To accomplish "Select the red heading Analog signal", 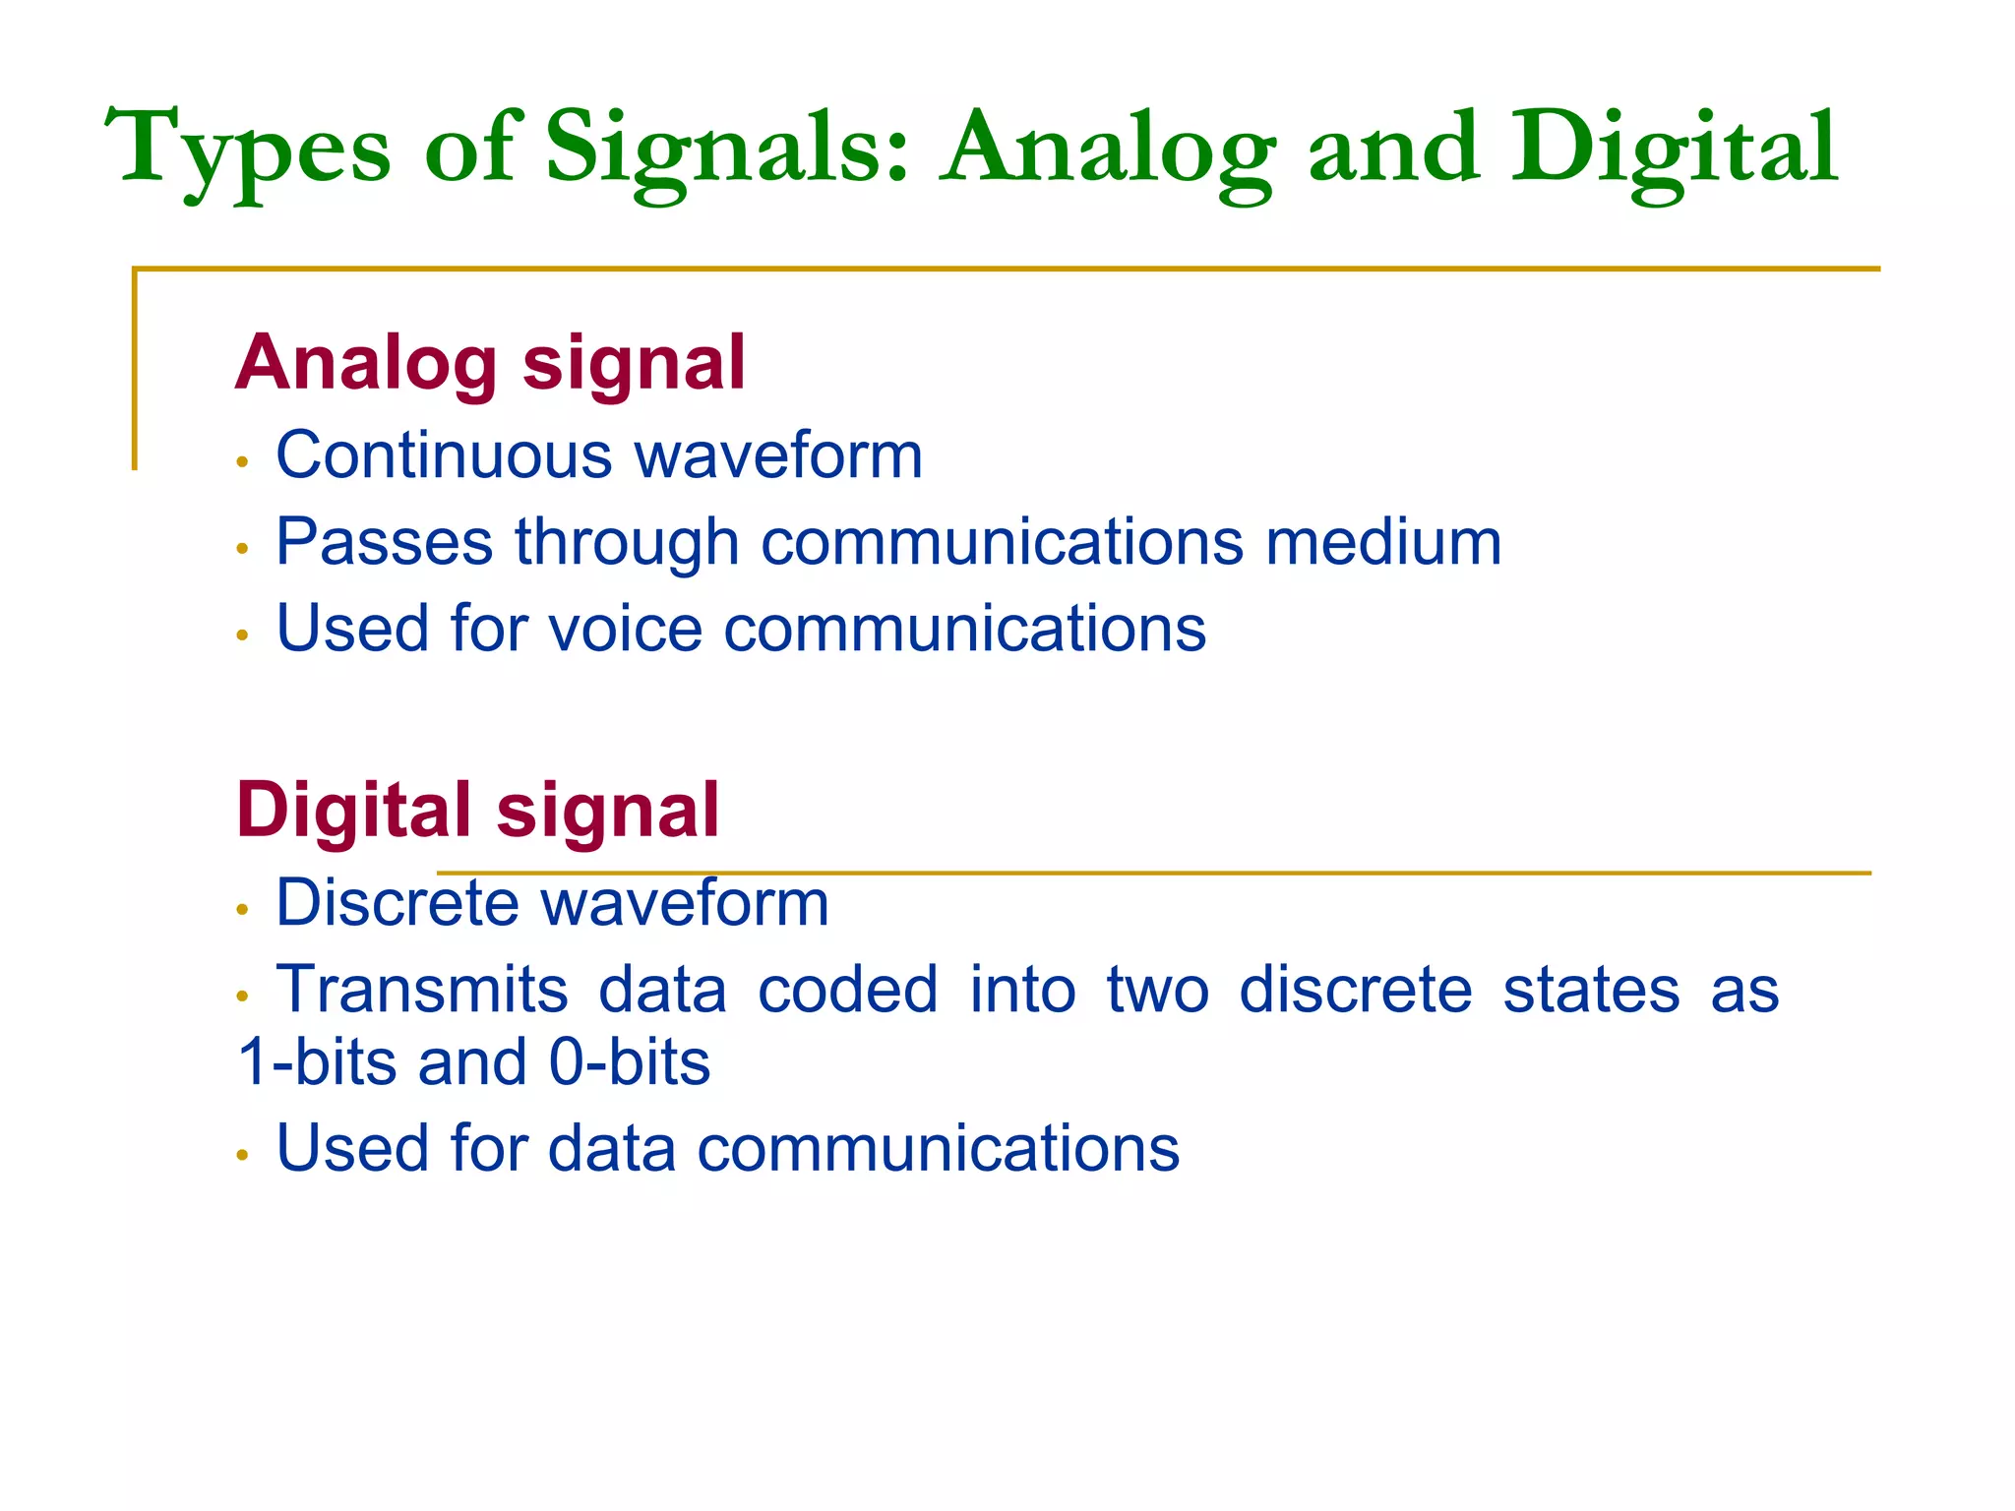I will click(x=490, y=363).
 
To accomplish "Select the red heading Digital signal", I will click(x=477, y=811).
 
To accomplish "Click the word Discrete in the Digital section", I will click(x=396, y=903).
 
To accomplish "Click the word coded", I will click(x=847, y=990).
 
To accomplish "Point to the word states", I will click(x=1591, y=990).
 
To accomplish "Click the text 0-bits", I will click(x=630, y=1062).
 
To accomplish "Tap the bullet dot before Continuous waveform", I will click(x=242, y=461).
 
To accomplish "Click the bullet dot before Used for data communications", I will click(x=242, y=1154).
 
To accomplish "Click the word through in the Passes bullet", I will click(x=627, y=544).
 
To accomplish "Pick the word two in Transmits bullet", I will click(x=1157, y=990).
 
